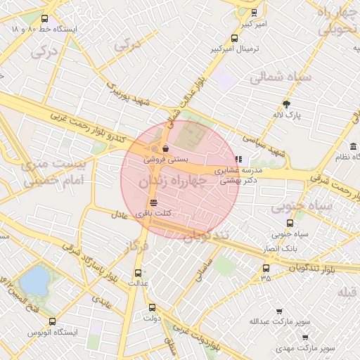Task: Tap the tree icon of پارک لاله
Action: [x=285, y=103]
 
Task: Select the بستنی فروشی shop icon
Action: [x=165, y=149]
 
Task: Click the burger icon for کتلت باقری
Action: [x=153, y=202]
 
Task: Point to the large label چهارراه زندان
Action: [x=172, y=181]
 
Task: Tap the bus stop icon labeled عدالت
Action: [x=138, y=272]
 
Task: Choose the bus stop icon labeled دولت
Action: [x=152, y=307]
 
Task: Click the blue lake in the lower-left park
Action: [x=34, y=282]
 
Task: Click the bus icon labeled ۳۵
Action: [x=265, y=268]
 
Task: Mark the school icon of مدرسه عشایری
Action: [x=238, y=159]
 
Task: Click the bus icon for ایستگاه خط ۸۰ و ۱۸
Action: [x=46, y=19]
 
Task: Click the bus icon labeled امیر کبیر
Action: [x=254, y=13]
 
